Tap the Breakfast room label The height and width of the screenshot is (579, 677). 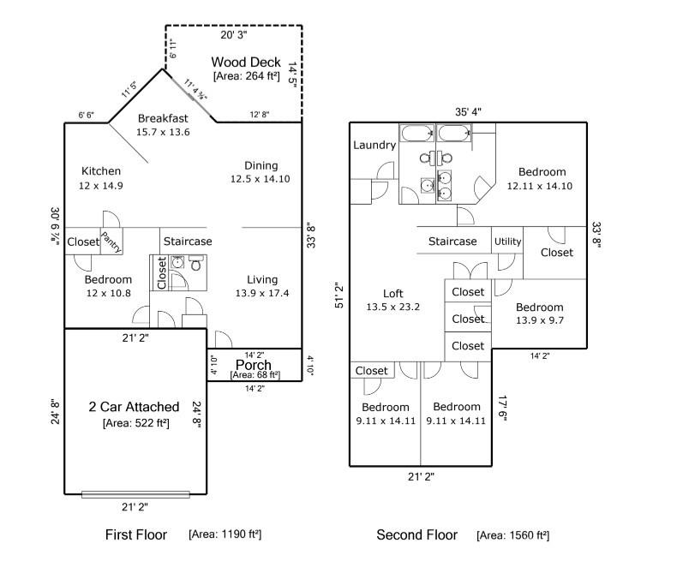click(x=163, y=117)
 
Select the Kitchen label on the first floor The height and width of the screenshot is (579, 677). click(x=101, y=170)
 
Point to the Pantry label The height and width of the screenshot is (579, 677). click(x=111, y=242)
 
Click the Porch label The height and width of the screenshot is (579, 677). click(x=253, y=365)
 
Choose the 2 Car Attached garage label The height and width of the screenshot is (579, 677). click(x=135, y=407)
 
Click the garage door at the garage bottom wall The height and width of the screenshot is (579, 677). click(x=135, y=493)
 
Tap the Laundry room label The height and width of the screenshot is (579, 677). click(x=374, y=145)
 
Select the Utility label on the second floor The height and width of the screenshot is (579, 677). click(x=507, y=242)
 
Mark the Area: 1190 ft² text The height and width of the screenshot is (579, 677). click(x=225, y=534)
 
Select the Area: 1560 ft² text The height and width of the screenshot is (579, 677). click(x=512, y=535)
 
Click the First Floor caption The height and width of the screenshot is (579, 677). click(x=136, y=535)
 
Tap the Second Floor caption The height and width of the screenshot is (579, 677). click(x=416, y=535)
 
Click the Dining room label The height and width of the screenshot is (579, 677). click(x=261, y=165)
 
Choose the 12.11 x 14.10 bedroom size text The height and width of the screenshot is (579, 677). click(x=539, y=185)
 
